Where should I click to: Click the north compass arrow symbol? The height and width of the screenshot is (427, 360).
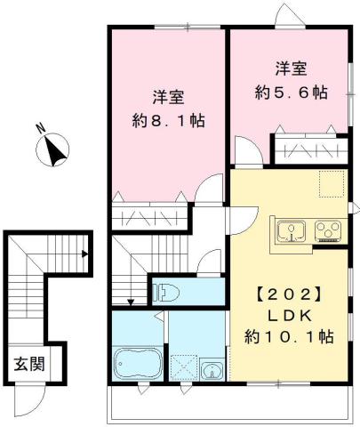coord(56,150)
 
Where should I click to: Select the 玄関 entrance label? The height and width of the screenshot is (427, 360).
coord(26,364)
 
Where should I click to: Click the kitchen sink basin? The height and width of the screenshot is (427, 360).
coord(291,233)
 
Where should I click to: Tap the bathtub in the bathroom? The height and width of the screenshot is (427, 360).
coord(138,366)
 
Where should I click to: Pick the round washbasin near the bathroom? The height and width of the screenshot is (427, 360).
coord(212,371)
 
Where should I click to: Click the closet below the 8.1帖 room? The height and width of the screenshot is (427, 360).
coord(150,217)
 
